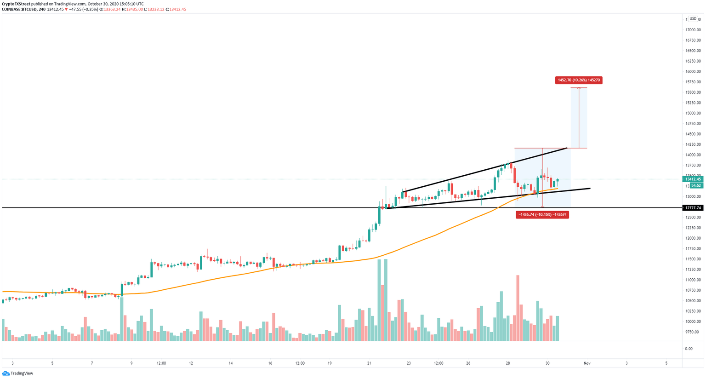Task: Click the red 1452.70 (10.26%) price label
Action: (578, 80)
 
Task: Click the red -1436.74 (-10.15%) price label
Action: (542, 214)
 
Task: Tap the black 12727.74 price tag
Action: (693, 208)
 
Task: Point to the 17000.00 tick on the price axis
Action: (693, 30)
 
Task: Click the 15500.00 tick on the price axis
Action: (693, 92)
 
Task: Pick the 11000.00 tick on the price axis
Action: (693, 280)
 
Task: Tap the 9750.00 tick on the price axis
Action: (693, 332)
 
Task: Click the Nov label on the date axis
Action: (587, 363)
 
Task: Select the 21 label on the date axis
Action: (369, 363)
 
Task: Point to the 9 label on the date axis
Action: (131, 363)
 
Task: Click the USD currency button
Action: (693, 19)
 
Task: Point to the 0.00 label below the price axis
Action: (689, 349)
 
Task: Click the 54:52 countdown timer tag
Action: (696, 185)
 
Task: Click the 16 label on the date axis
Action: (270, 363)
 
